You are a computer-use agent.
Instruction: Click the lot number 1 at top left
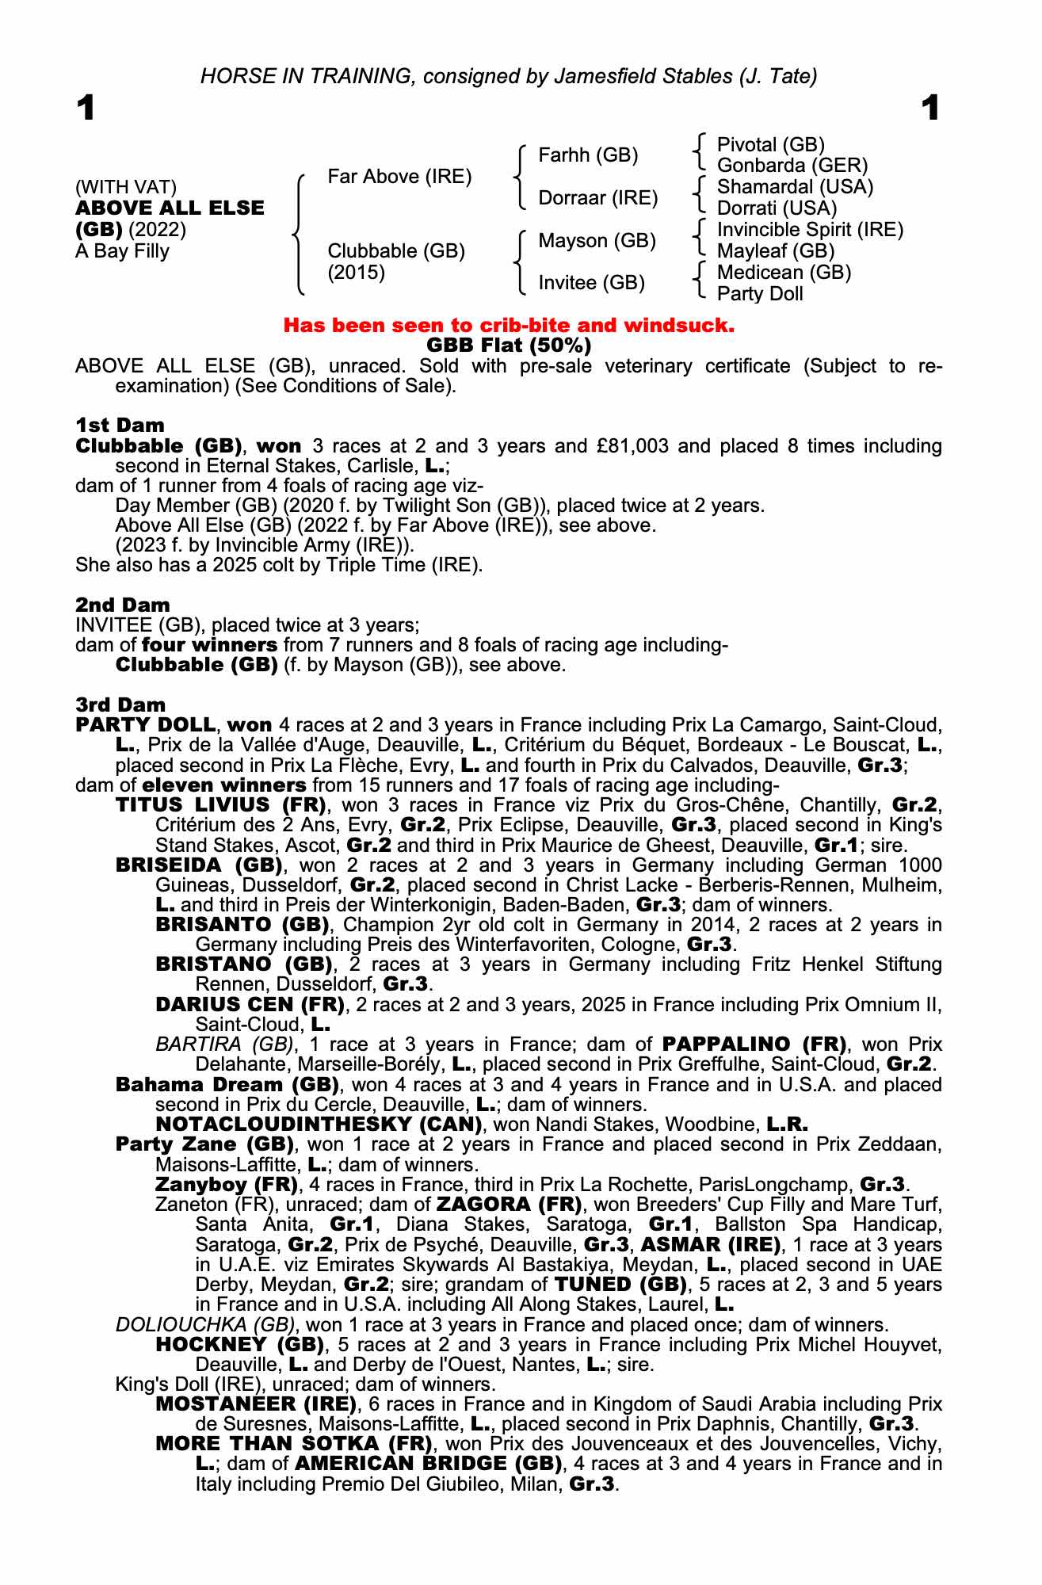(x=86, y=109)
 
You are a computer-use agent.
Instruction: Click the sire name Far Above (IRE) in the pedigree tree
(x=399, y=177)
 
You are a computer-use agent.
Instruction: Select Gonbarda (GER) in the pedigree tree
(x=792, y=166)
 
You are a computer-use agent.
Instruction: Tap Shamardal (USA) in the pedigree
(x=795, y=187)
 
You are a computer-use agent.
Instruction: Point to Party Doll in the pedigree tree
(x=760, y=294)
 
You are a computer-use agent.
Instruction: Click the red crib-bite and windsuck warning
(x=509, y=325)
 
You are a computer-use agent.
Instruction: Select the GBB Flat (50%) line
(x=509, y=346)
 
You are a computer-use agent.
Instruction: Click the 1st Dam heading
(x=120, y=426)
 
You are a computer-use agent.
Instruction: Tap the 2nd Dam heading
(x=122, y=605)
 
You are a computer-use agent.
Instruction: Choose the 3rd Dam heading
(x=121, y=705)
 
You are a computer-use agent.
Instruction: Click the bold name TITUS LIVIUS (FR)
(x=221, y=805)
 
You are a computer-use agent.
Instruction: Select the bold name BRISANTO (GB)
(x=242, y=925)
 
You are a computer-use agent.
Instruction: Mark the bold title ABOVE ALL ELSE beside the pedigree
(x=170, y=208)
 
